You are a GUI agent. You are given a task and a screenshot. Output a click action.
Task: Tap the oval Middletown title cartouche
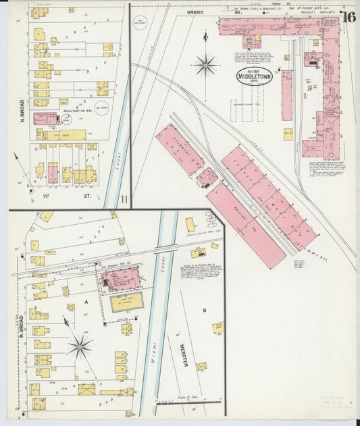pyautogui.click(x=255, y=76)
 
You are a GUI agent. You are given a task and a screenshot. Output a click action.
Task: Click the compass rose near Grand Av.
pyautogui.click(x=205, y=65)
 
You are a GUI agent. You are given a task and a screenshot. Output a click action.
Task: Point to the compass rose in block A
pyautogui.click(x=80, y=347)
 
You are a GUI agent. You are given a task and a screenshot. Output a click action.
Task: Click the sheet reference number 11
pyautogui.click(x=124, y=198)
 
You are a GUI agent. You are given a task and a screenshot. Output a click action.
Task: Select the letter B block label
pyautogui.click(x=204, y=310)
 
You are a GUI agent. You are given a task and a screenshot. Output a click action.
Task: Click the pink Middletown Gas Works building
pyautogui.click(x=45, y=119)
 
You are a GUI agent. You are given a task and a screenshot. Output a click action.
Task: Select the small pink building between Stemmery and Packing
pyautogui.click(x=207, y=178)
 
